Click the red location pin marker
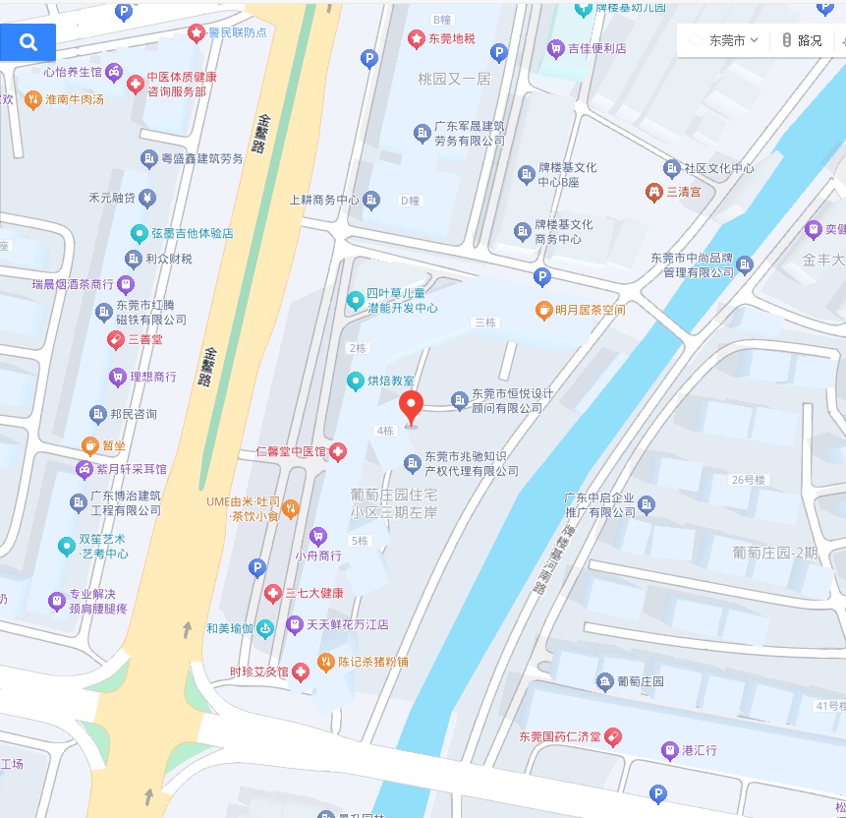tap(412, 404)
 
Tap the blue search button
tap(28, 42)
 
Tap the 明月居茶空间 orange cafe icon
tap(543, 310)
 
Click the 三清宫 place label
tap(684, 192)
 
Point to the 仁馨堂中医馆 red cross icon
tap(338, 451)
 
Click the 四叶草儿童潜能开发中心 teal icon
tap(355, 299)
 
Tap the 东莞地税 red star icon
tap(416, 39)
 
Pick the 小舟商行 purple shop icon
tap(317, 536)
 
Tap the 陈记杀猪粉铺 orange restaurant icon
tap(326, 663)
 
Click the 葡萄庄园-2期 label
tap(775, 553)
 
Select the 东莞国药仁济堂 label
tap(560, 736)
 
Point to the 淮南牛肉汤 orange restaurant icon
tap(32, 99)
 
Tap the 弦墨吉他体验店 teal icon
tap(140, 234)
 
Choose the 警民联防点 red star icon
tap(196, 32)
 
